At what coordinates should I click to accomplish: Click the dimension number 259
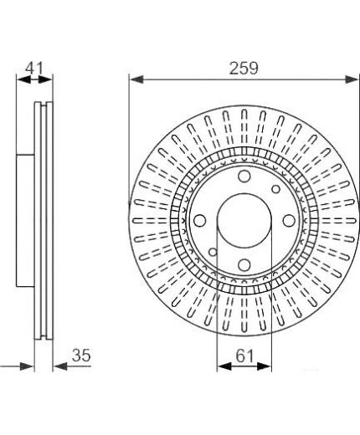(244, 69)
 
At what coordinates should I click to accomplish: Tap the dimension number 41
(34, 68)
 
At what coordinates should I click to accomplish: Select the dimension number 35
(81, 356)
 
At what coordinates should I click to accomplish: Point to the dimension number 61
(244, 356)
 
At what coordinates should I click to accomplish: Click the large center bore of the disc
(244, 220)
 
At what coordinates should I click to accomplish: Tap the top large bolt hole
(244, 176)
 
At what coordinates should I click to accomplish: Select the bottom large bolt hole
(244, 264)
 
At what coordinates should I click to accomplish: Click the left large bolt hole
(200, 220)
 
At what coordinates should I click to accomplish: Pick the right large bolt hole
(289, 220)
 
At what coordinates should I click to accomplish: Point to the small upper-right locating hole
(275, 189)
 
